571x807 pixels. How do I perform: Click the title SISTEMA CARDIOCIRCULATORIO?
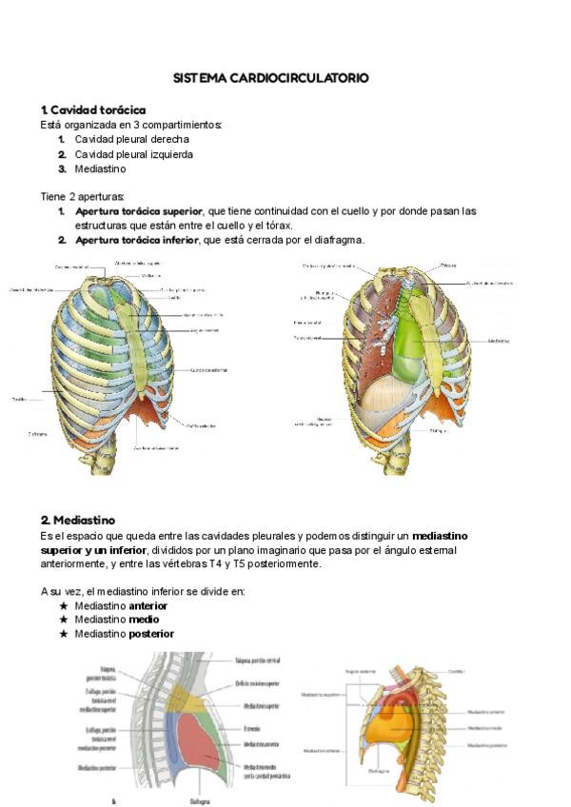click(x=270, y=78)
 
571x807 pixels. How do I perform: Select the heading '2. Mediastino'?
click(x=77, y=521)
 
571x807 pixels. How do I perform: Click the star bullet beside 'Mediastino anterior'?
click(x=63, y=605)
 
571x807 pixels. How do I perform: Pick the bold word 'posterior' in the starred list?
click(x=151, y=634)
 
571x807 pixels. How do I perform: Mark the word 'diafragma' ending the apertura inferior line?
click(x=338, y=240)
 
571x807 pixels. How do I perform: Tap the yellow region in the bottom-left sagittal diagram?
click(x=194, y=703)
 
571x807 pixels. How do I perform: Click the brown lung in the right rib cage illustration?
click(x=366, y=333)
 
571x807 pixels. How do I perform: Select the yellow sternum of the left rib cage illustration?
click(x=133, y=333)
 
